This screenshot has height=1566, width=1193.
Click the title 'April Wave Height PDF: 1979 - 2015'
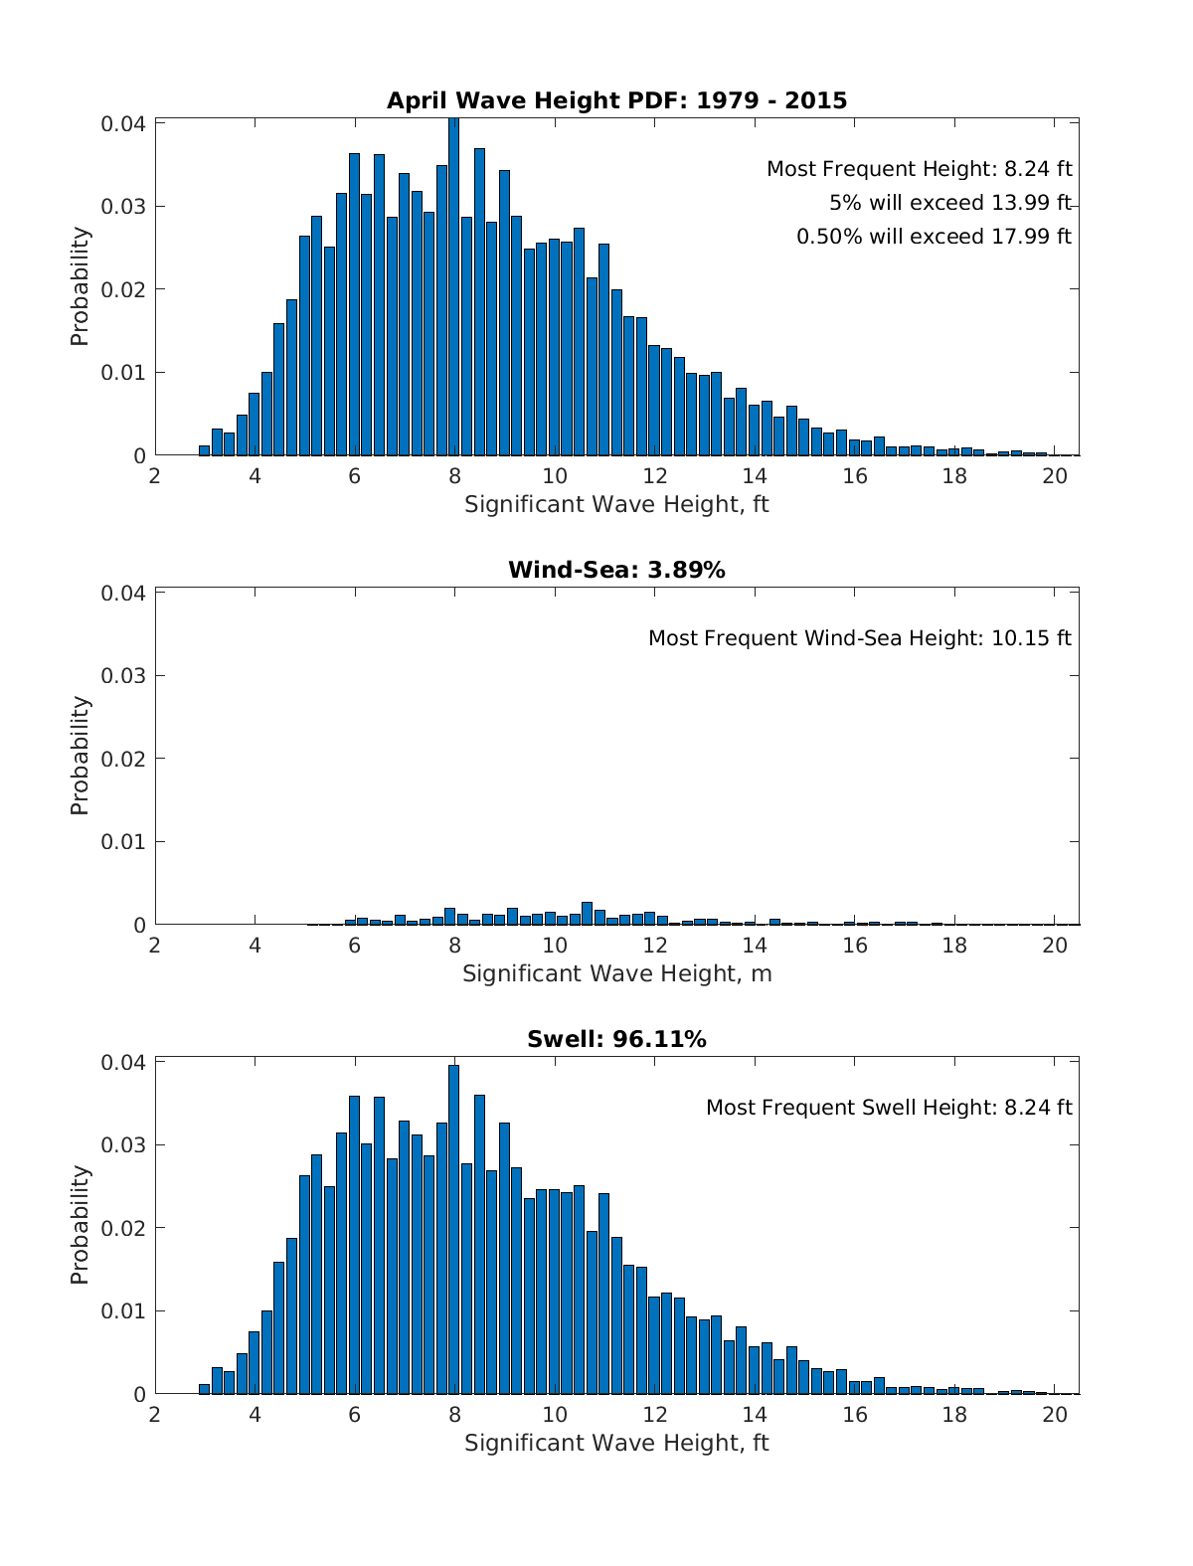coord(616,100)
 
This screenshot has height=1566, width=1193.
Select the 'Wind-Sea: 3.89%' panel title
coord(616,570)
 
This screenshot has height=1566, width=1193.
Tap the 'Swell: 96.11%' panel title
coord(616,1039)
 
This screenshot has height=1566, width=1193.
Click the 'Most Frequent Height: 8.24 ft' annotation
coord(919,169)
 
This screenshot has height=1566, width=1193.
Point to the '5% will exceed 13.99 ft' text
coord(949,203)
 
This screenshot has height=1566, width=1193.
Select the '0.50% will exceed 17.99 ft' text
coord(934,237)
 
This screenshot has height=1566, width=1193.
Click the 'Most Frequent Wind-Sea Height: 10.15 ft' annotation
coord(859,638)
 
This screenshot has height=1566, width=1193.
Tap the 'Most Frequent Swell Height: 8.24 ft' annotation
coord(889,1108)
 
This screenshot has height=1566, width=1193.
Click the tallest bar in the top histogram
coord(453,288)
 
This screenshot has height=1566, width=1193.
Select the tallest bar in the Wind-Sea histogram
coord(587,913)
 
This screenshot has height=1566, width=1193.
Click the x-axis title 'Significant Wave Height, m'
coord(616,973)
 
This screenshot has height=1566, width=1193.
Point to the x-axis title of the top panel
coord(616,504)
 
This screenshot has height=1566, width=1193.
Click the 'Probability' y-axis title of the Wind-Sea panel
coord(80,756)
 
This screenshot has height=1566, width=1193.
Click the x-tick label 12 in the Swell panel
coord(654,1415)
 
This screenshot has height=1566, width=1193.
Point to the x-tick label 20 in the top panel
coord(1054,476)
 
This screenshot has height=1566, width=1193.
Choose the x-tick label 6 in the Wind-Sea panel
coord(354,946)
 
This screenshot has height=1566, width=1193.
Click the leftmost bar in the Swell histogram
coord(204,1388)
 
